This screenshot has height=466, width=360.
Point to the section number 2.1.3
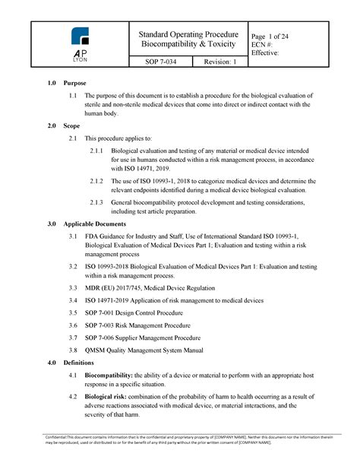[96, 203]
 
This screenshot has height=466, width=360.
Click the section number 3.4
[72, 301]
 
